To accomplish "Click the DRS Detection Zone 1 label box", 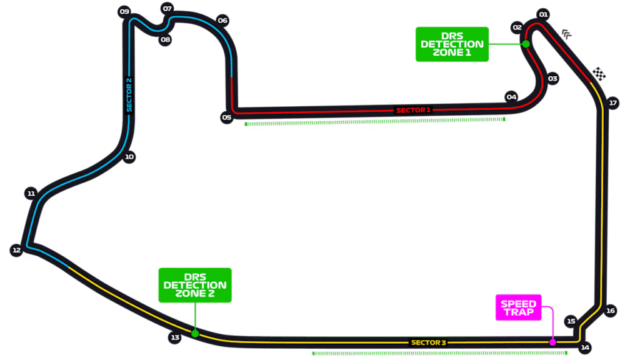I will (452, 44).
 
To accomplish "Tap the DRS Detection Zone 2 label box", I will (195, 285).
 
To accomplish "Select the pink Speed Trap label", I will (518, 307).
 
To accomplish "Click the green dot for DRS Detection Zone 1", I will (526, 44).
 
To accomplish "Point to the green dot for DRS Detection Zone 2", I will (195, 334).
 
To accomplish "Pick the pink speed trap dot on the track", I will (552, 342).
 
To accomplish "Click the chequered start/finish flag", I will (600, 74).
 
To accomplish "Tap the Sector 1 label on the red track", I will (413, 110).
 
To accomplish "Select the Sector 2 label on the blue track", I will (129, 94).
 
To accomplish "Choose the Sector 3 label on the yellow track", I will (428, 342).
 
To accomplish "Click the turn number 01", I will (543, 14).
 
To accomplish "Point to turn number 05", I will (226, 117).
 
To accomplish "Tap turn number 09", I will (124, 12).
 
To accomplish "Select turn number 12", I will (16, 250).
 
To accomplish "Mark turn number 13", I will (175, 337).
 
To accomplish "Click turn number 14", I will (585, 347).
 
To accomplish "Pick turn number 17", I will (612, 103).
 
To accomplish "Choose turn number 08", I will (165, 39).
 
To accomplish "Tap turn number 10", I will (129, 157).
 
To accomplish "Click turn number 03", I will (552, 79).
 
